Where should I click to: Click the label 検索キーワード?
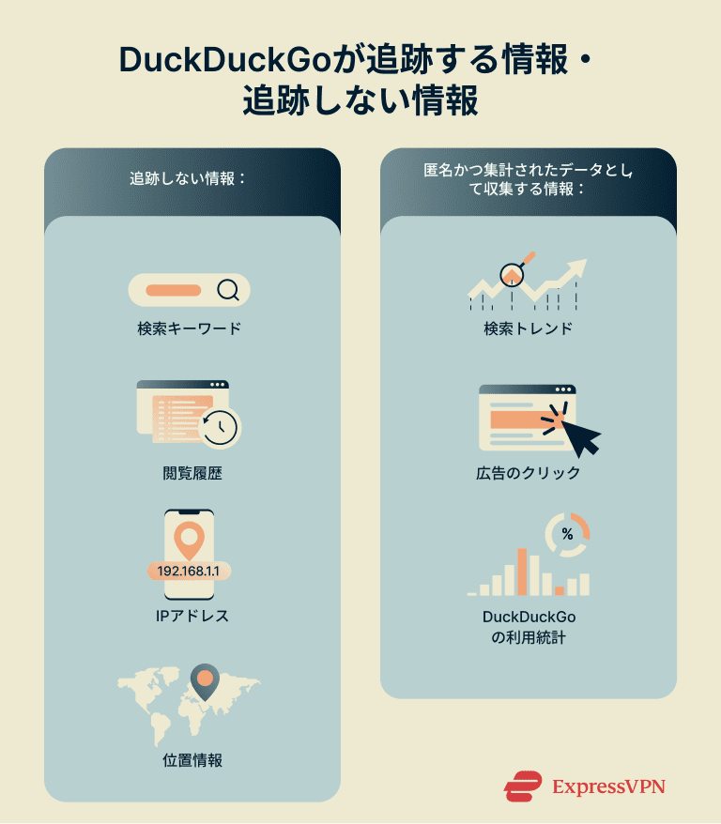click(x=189, y=329)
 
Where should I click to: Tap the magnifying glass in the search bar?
click(x=227, y=290)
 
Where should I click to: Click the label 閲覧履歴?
click(x=192, y=474)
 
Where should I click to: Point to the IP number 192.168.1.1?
click(x=190, y=572)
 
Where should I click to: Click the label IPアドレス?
click(x=192, y=617)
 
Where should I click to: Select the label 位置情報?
click(x=192, y=761)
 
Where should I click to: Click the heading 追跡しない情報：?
click(x=188, y=178)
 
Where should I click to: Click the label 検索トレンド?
click(x=529, y=329)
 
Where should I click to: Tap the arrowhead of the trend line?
click(x=577, y=267)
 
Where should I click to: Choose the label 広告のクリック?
click(x=529, y=474)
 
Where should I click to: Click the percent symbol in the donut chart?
click(x=567, y=534)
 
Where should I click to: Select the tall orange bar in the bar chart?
click(x=522, y=571)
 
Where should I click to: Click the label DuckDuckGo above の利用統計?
click(x=529, y=618)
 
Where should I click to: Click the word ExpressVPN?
click(x=609, y=786)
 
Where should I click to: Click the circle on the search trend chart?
click(x=512, y=274)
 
